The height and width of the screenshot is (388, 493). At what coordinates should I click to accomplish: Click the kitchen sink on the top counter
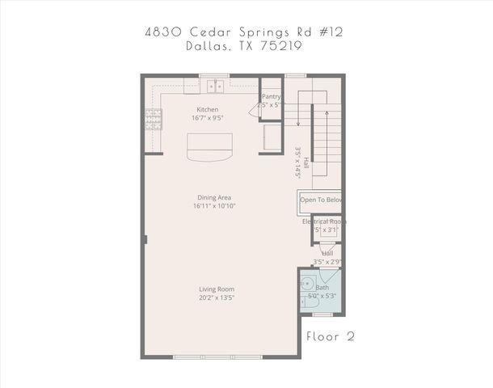[215, 85]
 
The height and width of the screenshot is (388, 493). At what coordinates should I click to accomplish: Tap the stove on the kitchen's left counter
[152, 120]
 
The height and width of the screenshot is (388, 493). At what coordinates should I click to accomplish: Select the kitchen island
[209, 147]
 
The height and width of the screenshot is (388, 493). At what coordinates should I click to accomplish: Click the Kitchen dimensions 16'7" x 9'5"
[208, 118]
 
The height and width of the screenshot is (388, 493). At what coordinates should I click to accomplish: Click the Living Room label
[217, 289]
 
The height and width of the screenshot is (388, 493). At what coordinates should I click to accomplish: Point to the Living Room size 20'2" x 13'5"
[217, 297]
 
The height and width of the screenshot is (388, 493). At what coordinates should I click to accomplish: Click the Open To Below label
[321, 200]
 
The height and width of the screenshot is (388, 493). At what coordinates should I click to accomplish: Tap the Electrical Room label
[324, 221]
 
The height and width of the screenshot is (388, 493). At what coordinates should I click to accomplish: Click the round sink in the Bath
[307, 284]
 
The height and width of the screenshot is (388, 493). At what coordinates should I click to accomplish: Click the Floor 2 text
[330, 335]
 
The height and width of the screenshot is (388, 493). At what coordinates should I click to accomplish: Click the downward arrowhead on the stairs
[298, 124]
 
